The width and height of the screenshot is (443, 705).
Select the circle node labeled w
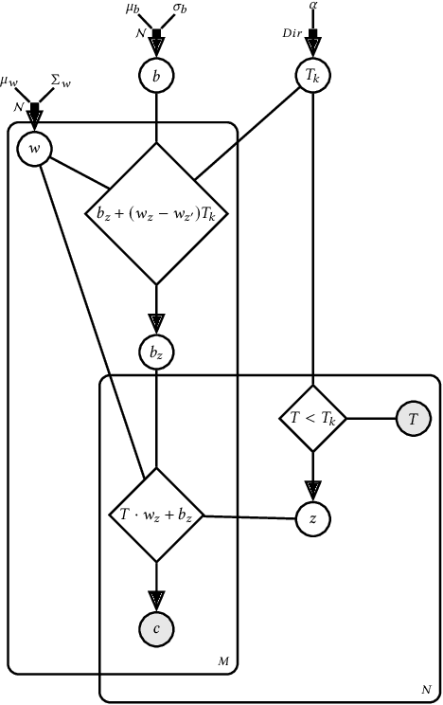(35, 149)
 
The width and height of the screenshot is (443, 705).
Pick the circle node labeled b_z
(156, 352)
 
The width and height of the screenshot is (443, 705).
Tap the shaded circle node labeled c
(156, 628)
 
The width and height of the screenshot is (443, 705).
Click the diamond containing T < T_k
(312, 416)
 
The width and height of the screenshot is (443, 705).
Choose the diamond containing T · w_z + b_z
(156, 516)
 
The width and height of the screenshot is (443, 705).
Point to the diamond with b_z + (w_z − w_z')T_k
(156, 213)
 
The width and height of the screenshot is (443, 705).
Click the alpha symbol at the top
(313, 7)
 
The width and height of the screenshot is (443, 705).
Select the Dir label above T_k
(295, 33)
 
